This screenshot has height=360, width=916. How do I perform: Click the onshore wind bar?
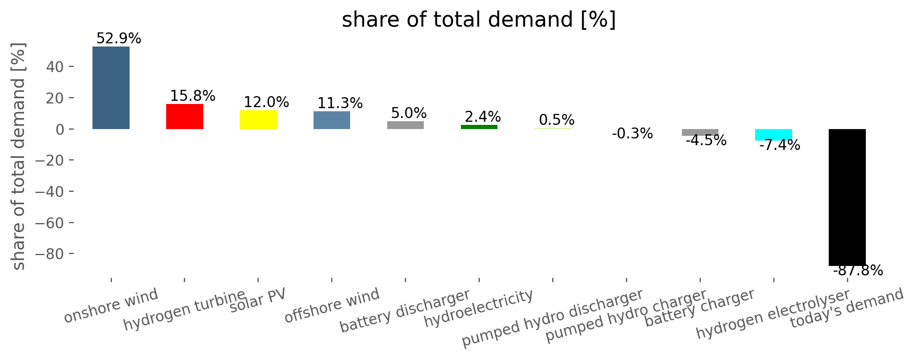point(111,88)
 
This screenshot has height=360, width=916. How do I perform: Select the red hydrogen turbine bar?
point(184,117)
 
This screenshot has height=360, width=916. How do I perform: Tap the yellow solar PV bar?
point(258,120)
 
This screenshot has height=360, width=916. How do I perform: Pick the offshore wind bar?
point(332,120)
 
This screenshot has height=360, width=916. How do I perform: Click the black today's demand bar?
point(847,198)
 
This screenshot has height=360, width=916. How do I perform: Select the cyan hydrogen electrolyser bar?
point(773,135)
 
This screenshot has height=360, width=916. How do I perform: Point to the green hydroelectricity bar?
point(479,127)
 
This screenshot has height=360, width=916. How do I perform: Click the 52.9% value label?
point(119,39)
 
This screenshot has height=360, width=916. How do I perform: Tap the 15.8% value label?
point(193,96)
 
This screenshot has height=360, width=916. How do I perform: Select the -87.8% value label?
point(858,271)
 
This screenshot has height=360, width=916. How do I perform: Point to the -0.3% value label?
point(632,134)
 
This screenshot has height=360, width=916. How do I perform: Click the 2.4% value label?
point(483,117)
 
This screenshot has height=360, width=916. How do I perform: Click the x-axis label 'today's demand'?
point(847,308)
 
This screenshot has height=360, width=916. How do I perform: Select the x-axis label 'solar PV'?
point(258,301)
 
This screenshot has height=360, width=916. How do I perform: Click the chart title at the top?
point(479,20)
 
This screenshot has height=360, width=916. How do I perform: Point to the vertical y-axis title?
point(19,156)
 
